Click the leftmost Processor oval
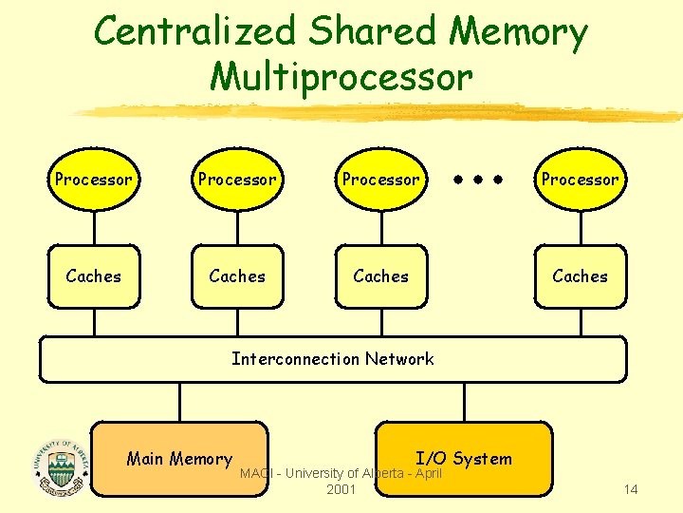[x=93, y=179]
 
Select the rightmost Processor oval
[x=580, y=179]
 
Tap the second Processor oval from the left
[x=237, y=179]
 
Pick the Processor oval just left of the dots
[x=380, y=179]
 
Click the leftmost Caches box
[x=93, y=276]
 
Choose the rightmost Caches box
[x=580, y=276]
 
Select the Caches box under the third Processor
[x=380, y=276]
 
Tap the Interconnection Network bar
[x=332, y=359]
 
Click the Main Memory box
[x=179, y=459]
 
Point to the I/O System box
[x=464, y=458]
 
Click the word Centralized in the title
[x=197, y=32]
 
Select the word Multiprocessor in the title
[x=341, y=76]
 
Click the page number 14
[x=630, y=489]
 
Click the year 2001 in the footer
[x=341, y=489]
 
